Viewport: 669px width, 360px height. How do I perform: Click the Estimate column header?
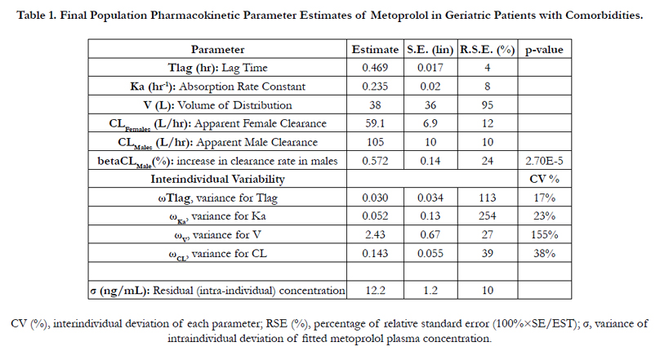point(375,50)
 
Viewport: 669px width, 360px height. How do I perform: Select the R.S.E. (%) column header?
point(487,50)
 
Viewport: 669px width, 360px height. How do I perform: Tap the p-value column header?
point(544,50)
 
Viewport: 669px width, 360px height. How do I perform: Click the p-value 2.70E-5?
point(544,161)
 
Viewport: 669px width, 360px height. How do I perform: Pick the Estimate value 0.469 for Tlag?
point(375,68)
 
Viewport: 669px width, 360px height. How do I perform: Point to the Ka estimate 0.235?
point(375,87)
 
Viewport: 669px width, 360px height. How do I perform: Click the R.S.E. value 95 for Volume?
point(487,105)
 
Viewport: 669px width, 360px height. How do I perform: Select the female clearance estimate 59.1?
point(375,123)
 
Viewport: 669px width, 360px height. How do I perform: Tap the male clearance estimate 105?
point(375,142)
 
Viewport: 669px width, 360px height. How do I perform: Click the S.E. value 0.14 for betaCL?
point(430,161)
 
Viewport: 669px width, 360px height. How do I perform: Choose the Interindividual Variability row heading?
point(217,179)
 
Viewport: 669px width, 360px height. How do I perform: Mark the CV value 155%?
point(544,234)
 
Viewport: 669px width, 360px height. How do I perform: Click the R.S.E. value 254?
point(487,216)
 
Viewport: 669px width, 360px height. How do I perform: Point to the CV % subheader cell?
point(544,179)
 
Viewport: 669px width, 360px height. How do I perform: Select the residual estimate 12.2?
point(375,291)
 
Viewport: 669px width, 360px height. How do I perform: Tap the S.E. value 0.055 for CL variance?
point(430,253)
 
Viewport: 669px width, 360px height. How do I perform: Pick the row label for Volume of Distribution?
point(217,105)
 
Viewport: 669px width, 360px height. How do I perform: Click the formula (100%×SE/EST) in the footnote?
point(535,324)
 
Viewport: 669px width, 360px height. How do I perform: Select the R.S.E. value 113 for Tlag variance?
point(487,198)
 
